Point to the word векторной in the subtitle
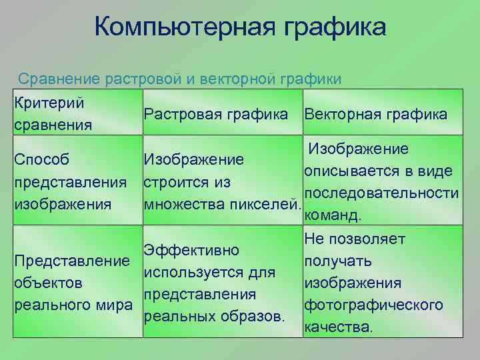coord(237,79)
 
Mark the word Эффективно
coord(191,251)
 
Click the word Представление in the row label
coord(71,261)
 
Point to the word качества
coord(338,327)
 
